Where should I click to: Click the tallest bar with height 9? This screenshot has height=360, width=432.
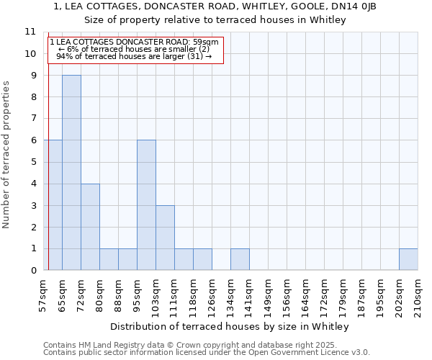(x=71, y=173)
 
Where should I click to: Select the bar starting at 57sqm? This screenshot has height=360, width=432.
(x=53, y=205)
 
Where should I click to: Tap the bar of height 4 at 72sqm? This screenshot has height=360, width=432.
(x=90, y=227)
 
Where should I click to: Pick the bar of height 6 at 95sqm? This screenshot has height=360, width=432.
(x=146, y=205)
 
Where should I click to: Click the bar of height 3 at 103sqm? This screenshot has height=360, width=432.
(x=165, y=238)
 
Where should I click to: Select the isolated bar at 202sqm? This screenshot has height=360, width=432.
(x=408, y=259)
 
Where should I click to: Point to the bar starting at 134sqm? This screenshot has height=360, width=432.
(x=240, y=259)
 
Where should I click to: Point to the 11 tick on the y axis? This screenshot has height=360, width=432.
(x=30, y=32)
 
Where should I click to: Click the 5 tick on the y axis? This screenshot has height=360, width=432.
(x=33, y=162)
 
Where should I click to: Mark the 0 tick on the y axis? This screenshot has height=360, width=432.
(x=33, y=271)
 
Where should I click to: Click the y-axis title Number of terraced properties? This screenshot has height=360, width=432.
(x=7, y=155)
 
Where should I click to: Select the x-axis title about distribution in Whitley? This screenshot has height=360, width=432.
(x=230, y=326)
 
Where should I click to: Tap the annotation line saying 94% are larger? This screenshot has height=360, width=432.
(x=134, y=56)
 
